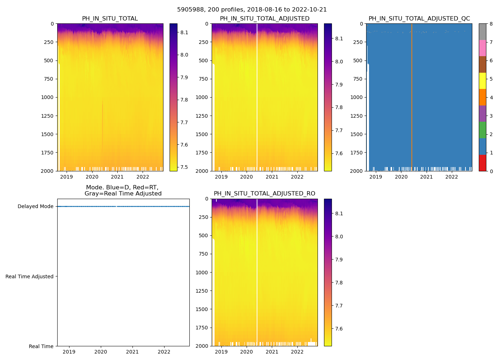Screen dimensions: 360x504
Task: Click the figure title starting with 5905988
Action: coord(252,10)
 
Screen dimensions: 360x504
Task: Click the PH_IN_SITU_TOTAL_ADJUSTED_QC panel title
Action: coord(419,19)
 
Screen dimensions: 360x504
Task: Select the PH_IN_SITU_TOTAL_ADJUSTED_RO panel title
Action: coord(264,194)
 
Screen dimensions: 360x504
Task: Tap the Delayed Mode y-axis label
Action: coord(35,207)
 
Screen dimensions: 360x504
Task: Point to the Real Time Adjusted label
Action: coord(30,276)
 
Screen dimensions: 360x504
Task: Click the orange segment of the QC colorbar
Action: coord(482,97)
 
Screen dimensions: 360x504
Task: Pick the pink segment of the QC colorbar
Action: coord(482,48)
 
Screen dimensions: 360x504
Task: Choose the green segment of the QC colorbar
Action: coord(482,130)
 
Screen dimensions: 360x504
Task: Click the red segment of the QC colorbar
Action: coord(482,163)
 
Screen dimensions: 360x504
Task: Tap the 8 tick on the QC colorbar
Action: coord(491,24)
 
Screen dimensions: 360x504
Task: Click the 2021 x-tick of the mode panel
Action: coord(132,352)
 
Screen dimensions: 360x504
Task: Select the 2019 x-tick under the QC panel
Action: coord(376,177)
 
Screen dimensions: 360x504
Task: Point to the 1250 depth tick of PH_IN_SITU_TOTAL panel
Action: coord(48,116)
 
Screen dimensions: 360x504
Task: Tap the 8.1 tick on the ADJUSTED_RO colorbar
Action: coord(339,213)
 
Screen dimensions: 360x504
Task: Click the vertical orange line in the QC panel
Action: coord(412,97)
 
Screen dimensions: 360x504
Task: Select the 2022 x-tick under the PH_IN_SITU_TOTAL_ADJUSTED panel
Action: coord(297,177)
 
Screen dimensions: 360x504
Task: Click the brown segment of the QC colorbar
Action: coord(482,64)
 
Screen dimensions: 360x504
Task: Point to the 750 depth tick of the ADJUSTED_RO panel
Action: coord(203,254)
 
